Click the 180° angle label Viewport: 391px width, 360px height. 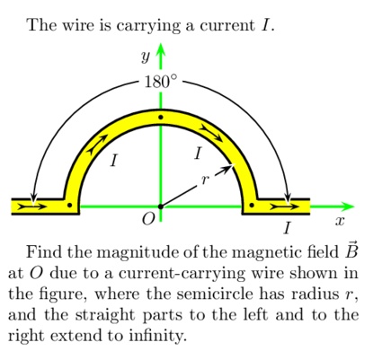click(x=161, y=82)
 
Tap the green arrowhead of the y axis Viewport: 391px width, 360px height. click(x=161, y=50)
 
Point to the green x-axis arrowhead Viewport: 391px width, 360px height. click(x=348, y=206)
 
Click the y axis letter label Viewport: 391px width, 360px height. click(x=146, y=57)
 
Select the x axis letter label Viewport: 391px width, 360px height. click(x=340, y=222)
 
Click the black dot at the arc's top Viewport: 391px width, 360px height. click(x=161, y=118)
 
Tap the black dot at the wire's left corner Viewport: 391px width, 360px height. click(x=70, y=206)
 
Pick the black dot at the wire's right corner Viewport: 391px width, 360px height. click(x=252, y=206)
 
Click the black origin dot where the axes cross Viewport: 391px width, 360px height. click(x=161, y=206)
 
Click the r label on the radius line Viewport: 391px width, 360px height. click(x=205, y=180)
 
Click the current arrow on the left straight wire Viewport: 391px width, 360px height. click(x=32, y=206)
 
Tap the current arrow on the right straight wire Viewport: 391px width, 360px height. click(x=284, y=206)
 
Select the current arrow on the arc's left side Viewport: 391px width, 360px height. click(x=97, y=144)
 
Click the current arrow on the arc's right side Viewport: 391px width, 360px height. click(x=212, y=133)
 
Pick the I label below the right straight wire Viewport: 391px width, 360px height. click(x=288, y=228)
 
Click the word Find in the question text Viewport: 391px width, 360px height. click(x=45, y=252)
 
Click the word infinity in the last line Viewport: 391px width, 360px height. click(x=157, y=336)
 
